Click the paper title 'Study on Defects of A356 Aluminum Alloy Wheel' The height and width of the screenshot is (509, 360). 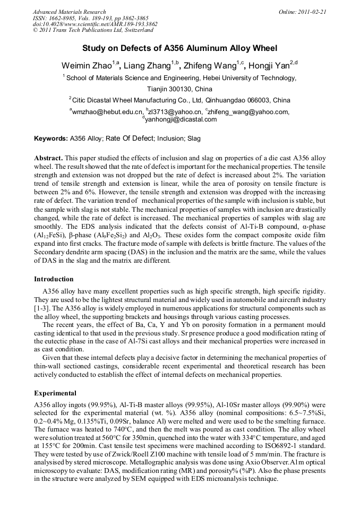pos(179,48)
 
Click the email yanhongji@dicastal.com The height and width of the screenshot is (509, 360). pos(181,119)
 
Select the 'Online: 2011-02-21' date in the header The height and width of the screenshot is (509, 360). pos(303,12)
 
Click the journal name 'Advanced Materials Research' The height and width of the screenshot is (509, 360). pos(69,12)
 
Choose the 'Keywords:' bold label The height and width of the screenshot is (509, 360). pos(51,139)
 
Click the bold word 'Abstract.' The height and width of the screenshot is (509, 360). pos(49,159)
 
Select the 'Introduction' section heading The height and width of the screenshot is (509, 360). pos(54,279)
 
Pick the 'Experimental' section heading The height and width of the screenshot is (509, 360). pos(55,393)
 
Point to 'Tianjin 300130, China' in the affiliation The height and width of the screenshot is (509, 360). pos(179,89)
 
